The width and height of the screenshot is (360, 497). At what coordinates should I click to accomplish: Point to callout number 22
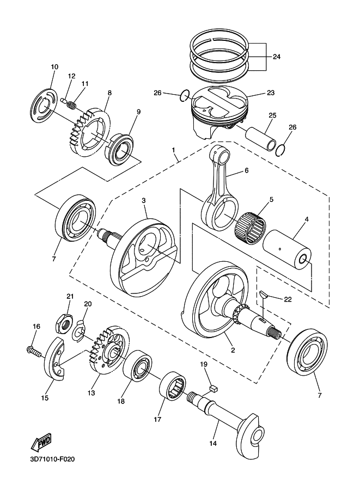[x=288, y=299]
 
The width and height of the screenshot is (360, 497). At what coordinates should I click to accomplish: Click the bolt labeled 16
[x=33, y=352]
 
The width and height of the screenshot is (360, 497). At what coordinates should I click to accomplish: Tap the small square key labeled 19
[x=214, y=388]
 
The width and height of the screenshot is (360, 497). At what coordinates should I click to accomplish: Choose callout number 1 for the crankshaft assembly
[x=174, y=149]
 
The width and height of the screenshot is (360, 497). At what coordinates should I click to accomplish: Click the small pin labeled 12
[x=64, y=100]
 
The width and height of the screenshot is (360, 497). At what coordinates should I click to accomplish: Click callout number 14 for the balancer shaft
[x=213, y=444]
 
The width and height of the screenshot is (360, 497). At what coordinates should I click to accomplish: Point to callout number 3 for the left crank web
[x=144, y=200]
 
